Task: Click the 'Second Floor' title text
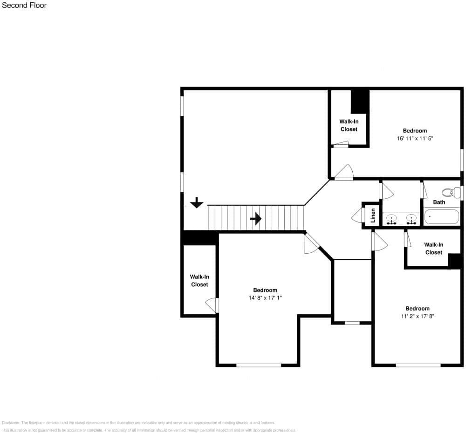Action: click(24, 6)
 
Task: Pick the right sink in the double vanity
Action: click(411, 218)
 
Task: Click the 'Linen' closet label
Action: click(373, 216)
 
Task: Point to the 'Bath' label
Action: click(439, 202)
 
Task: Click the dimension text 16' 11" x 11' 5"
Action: click(415, 138)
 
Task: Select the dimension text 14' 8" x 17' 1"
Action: click(265, 298)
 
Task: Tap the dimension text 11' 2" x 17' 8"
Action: click(417, 316)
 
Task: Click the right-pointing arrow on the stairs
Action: click(256, 218)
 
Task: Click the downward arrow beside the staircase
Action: click(197, 203)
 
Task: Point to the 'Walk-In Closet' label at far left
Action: click(199, 280)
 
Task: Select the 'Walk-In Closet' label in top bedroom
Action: click(349, 125)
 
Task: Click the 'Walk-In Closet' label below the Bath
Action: click(433, 248)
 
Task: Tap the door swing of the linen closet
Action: click(357, 215)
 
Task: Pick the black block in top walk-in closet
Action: click(360, 101)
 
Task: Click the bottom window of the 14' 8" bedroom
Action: click(259, 365)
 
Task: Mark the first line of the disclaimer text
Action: click(138, 423)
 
